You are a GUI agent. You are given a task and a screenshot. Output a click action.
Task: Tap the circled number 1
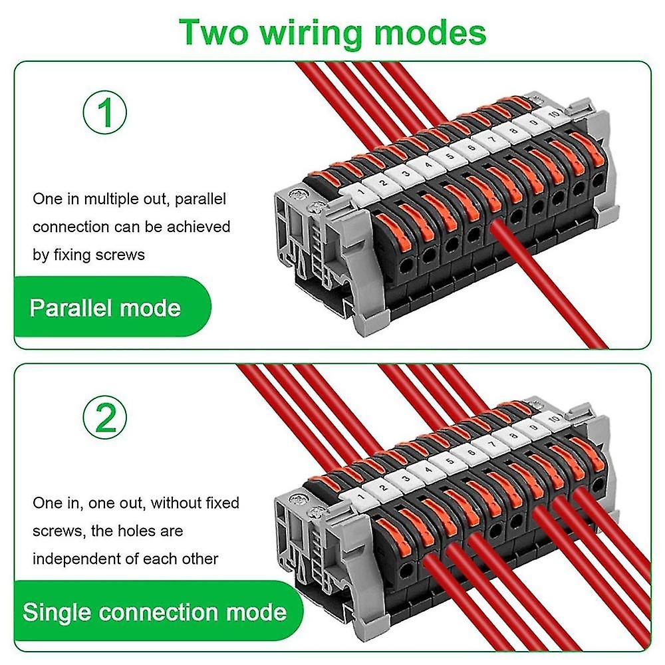105,113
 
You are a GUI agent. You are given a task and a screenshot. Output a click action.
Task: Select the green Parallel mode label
106,308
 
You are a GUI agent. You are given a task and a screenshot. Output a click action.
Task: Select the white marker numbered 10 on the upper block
553,114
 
